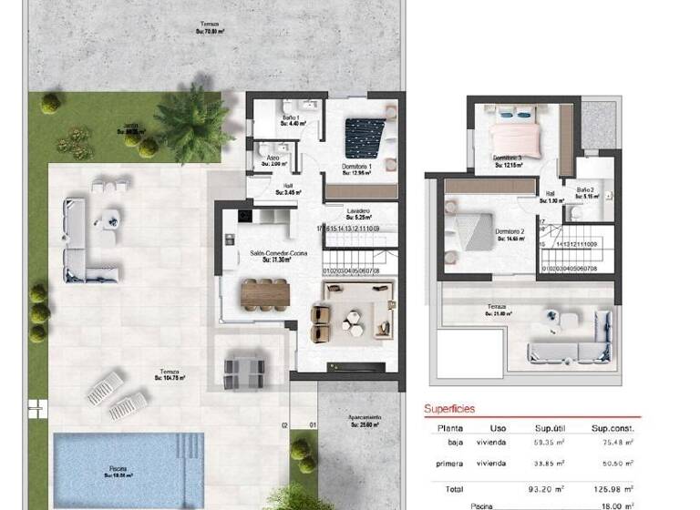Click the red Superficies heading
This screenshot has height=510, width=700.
point(450,409)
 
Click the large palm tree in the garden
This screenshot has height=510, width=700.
point(192,124)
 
